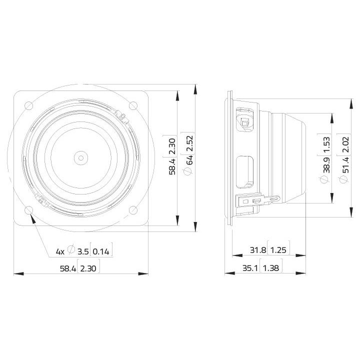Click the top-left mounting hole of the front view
[28, 105]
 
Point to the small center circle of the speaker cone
[80, 157]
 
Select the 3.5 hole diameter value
[83, 250]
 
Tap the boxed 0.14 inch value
[101, 250]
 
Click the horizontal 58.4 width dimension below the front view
[67, 268]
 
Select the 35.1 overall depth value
[250, 268]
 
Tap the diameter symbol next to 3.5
[71, 250]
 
